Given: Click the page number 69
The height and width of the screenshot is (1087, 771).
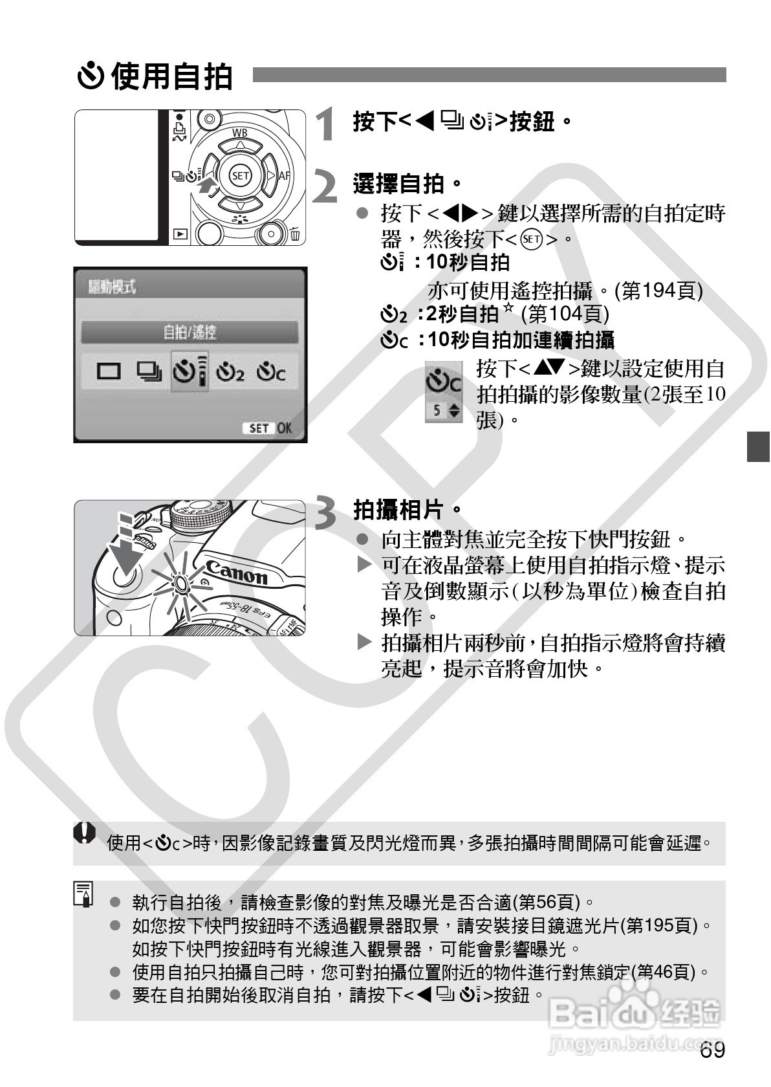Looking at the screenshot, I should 711,1050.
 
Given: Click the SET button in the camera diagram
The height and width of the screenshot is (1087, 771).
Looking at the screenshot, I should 240,175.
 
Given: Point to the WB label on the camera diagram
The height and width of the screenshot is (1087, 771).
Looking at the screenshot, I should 240,134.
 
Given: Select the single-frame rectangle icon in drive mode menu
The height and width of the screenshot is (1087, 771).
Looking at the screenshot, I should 109,371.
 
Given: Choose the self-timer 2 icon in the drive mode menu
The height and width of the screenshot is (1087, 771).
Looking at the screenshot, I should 230,372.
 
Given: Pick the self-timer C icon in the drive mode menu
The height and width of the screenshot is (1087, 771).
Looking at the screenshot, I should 271,372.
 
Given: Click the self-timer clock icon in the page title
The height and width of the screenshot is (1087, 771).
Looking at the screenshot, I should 91,76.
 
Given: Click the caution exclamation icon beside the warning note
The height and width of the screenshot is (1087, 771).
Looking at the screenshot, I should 84,833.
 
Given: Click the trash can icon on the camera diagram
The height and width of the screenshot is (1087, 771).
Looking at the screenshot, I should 295,234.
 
